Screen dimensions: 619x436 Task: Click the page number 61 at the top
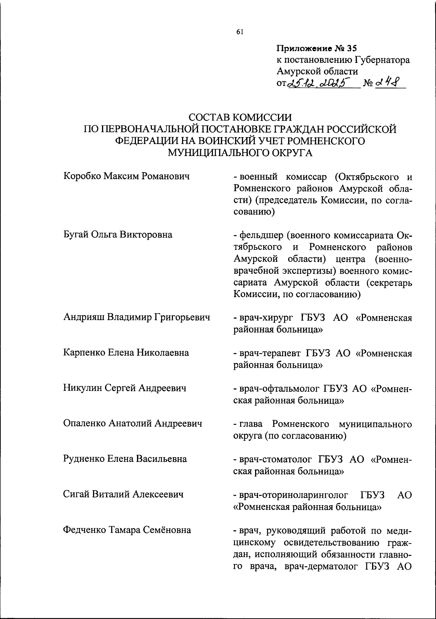tap(239, 32)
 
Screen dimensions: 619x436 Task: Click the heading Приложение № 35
tap(317, 48)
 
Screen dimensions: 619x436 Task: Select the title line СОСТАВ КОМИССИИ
tap(240, 117)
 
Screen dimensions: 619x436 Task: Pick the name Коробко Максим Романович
tap(127, 177)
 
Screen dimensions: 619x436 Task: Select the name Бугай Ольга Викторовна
tap(118, 235)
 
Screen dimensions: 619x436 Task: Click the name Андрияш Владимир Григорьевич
tap(137, 317)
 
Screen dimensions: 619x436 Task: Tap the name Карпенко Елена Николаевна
tap(126, 352)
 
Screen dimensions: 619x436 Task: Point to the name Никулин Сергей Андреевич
tap(125, 388)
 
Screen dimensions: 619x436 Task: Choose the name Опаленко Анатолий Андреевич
tap(133, 423)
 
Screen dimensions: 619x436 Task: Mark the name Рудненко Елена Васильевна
tap(125, 459)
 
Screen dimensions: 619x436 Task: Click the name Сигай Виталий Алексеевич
tap(123, 494)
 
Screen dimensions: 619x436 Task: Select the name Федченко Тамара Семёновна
tap(127, 530)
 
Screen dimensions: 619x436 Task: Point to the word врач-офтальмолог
tap(278, 389)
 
